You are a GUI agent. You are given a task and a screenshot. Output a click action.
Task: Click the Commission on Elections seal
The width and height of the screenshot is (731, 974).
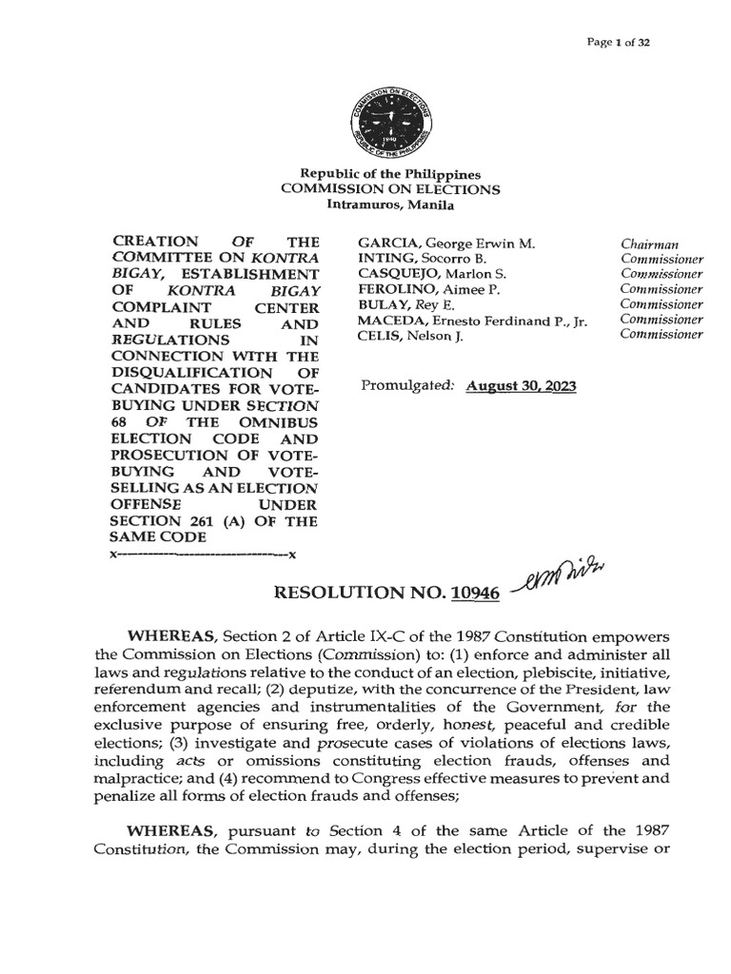coord(390,123)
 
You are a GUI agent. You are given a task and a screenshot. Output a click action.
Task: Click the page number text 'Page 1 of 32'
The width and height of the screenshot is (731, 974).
coord(620,44)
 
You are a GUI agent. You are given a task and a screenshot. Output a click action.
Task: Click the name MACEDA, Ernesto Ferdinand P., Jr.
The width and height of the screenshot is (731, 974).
coord(471,321)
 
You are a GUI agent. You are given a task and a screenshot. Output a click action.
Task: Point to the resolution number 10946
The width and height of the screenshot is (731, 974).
coord(477,593)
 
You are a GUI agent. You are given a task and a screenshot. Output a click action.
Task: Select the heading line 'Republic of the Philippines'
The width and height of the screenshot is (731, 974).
coord(390,175)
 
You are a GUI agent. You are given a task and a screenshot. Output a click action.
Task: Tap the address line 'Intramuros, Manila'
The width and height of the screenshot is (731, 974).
coord(390,205)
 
